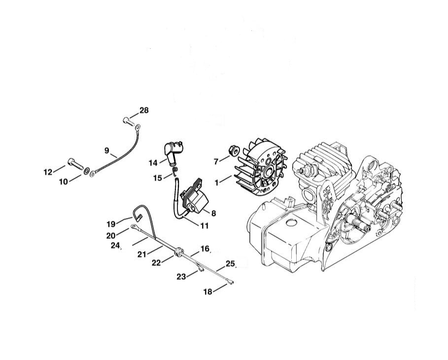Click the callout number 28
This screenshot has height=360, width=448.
[144, 110]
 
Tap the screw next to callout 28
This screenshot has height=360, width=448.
[128, 121]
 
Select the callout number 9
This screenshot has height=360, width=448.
[107, 150]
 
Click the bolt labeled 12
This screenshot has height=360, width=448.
[75, 163]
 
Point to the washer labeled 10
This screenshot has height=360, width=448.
[86, 171]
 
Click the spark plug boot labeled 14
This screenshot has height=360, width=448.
[173, 152]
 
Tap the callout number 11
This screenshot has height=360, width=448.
[204, 225]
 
